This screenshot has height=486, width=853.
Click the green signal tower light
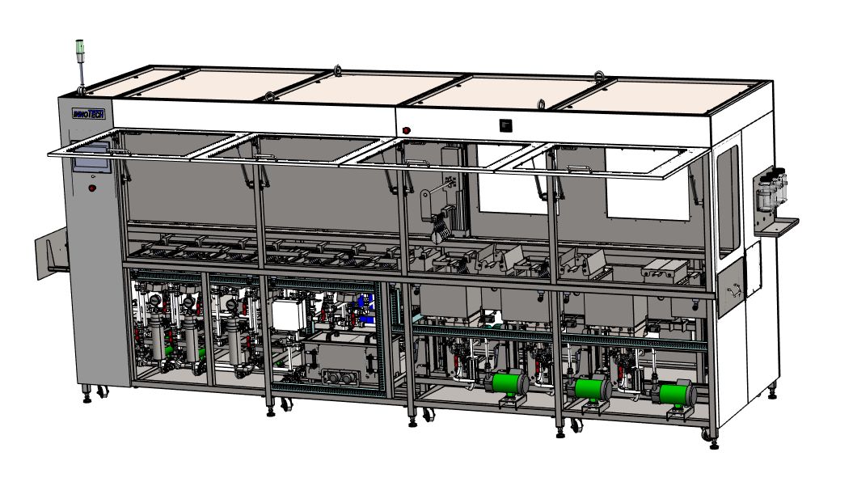tap(80, 48)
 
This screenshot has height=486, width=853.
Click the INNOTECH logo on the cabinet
tap(89, 114)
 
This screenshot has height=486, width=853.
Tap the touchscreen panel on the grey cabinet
tap(91, 158)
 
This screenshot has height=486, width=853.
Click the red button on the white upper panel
tap(406, 131)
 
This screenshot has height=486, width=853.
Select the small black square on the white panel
tap(506, 125)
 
